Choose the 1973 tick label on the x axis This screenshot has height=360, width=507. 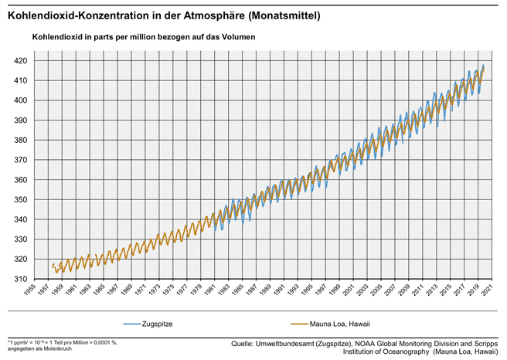(169, 291)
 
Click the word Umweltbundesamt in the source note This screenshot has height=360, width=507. (291, 342)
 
